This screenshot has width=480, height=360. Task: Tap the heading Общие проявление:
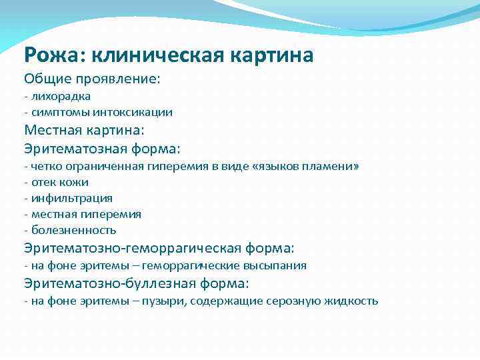tap(92, 79)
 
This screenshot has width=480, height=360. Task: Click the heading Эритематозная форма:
tap(102, 148)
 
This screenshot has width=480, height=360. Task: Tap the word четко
tap(43, 166)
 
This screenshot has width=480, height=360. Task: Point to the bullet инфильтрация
tap(71, 198)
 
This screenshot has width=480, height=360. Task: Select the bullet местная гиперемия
tap(85, 214)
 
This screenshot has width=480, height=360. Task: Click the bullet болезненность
tap(73, 230)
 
